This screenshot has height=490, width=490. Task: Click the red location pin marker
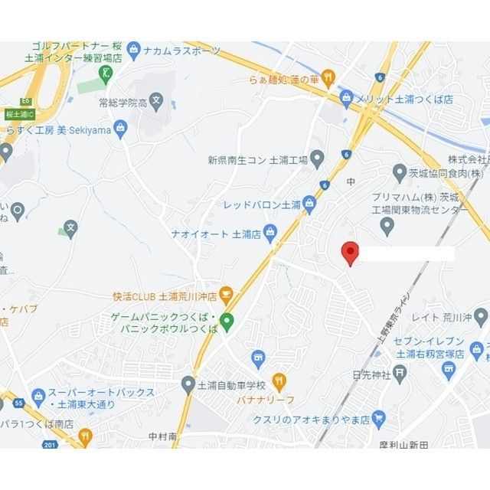tap(349, 252)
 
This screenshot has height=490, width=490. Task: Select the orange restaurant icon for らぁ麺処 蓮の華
tap(328, 77)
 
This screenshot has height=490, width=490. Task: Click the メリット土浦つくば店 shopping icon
tap(347, 99)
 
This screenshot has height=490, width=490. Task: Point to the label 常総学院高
tap(122, 101)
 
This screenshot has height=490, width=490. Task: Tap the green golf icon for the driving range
tap(106, 74)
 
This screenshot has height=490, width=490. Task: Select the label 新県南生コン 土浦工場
tap(257, 160)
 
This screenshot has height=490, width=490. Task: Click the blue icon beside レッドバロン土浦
tap(309, 204)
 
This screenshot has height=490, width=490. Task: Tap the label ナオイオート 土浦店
tap(217, 234)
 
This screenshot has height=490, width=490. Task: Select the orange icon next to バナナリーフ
tap(279, 381)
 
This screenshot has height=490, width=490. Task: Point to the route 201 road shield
tap(51, 445)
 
